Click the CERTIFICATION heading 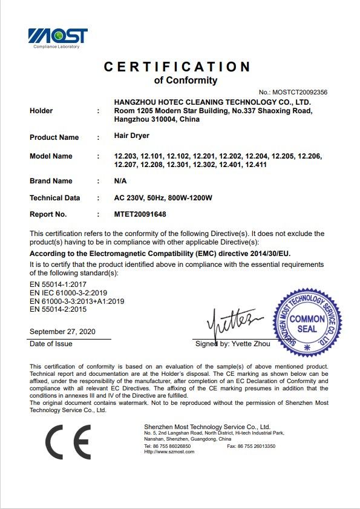tap(177, 67)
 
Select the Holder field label tap(41, 111)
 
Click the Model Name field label tap(51, 156)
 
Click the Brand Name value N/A tap(120, 181)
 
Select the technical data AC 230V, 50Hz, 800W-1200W tap(163, 198)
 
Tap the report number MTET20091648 tap(140, 214)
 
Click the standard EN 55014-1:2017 tap(58, 284)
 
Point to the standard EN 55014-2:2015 tap(58, 309)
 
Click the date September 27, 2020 tap(62, 332)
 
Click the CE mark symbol tap(68, 442)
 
